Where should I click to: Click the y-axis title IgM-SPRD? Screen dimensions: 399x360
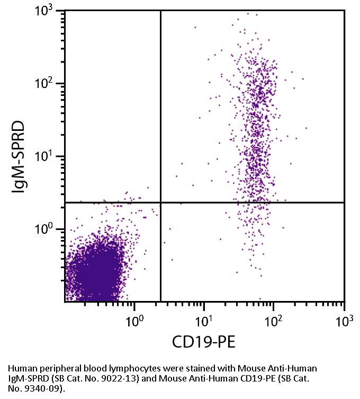point(20,157)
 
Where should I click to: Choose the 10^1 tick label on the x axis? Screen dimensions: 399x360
point(205,320)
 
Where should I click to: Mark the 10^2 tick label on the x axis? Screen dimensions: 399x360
point(274,320)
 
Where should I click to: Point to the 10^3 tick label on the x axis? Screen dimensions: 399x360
point(344,320)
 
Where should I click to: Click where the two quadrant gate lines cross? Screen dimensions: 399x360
point(160,202)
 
